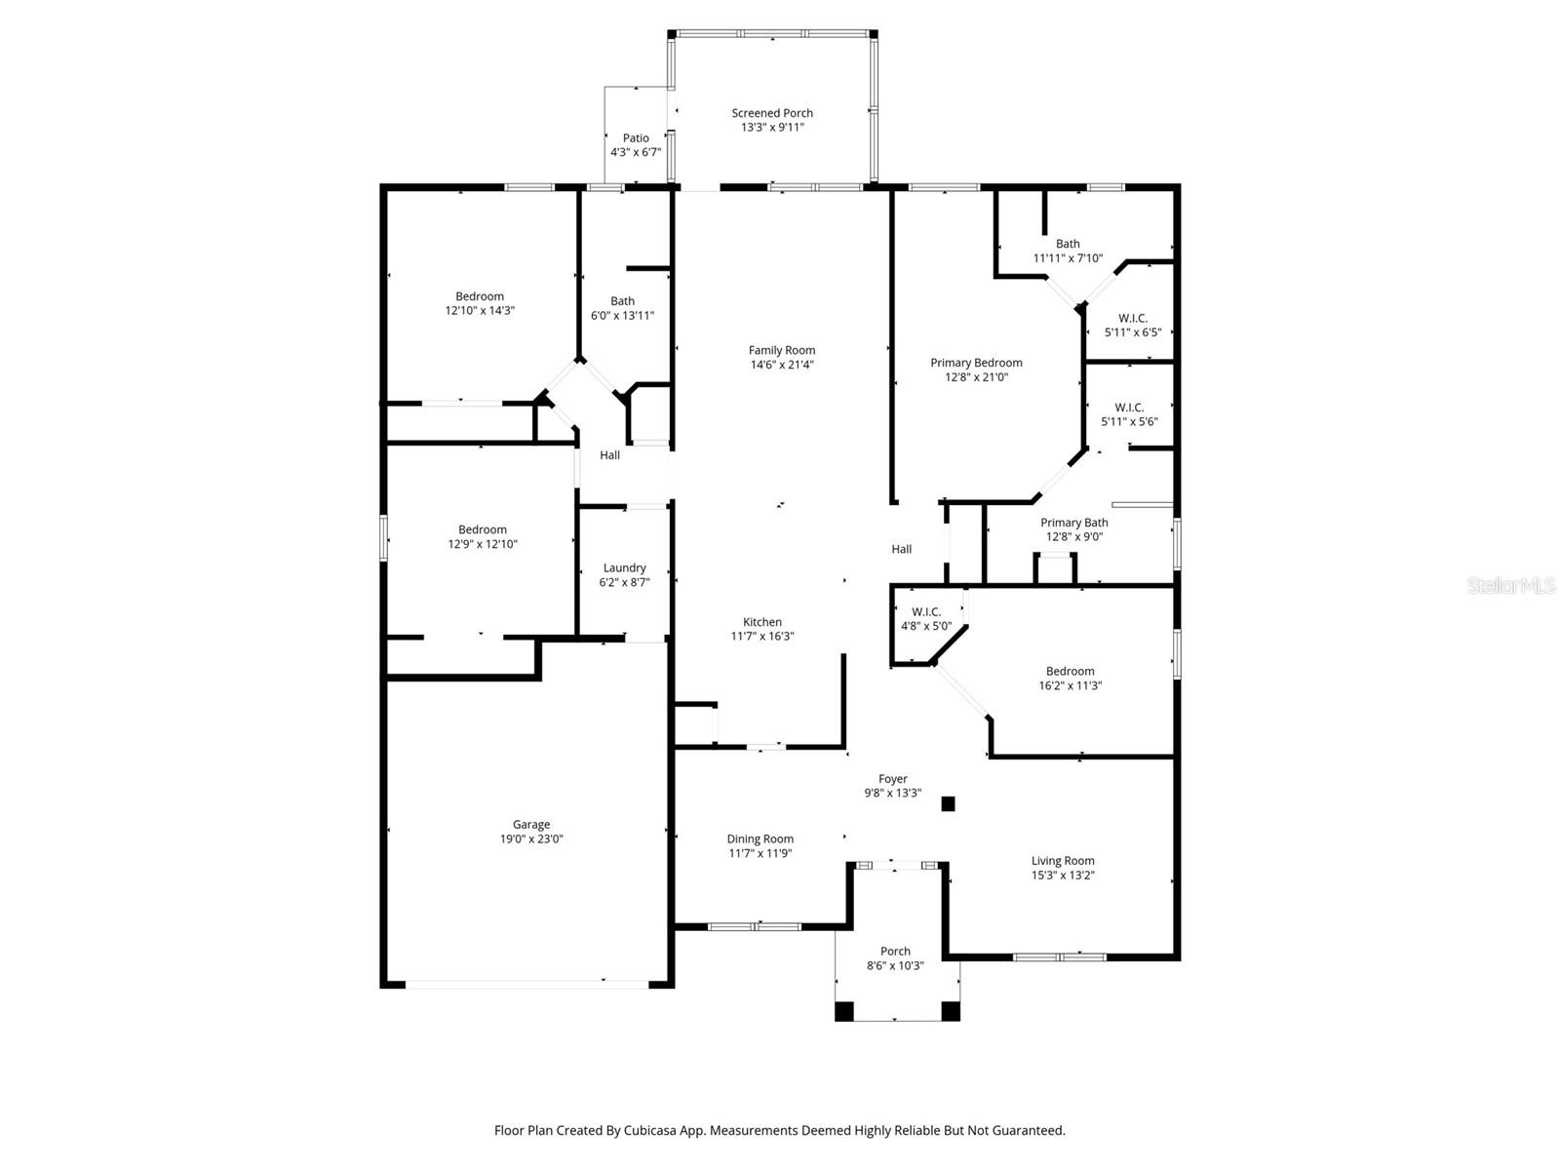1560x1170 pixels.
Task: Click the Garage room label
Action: coord(531,825)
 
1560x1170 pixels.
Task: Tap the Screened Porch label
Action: coord(772,113)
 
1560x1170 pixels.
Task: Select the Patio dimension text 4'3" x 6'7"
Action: coord(636,152)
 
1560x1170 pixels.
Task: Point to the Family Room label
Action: coord(781,350)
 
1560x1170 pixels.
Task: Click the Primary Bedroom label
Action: coord(976,363)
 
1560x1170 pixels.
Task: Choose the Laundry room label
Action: coord(624,568)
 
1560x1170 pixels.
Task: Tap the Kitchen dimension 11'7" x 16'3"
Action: coord(761,637)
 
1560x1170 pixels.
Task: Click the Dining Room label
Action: coord(760,839)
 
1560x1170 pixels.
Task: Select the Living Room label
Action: coord(1063,861)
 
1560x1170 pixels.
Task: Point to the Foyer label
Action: coord(893,779)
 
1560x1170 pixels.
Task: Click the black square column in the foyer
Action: coord(948,804)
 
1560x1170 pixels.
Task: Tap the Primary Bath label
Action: coord(1073,523)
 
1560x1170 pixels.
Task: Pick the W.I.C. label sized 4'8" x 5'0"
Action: coord(926,612)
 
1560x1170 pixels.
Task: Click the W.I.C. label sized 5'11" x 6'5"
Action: coord(1132,318)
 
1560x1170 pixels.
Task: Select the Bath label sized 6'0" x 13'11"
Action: coord(622,301)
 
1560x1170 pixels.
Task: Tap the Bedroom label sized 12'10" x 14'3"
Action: coord(479,296)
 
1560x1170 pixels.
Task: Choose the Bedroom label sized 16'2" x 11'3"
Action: coord(1070,672)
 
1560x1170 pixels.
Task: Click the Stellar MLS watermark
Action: coord(1511,585)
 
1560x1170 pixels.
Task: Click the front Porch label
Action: coord(895,952)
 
